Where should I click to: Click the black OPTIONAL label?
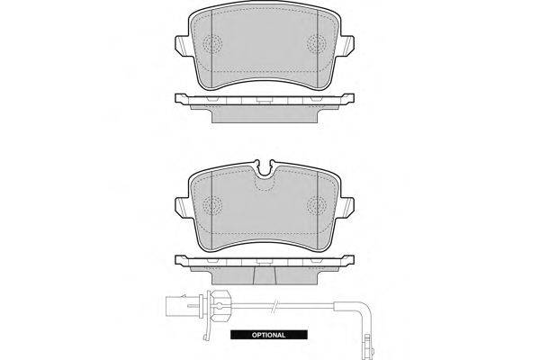268,335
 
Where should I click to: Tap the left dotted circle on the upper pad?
212,44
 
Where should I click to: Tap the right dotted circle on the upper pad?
317,44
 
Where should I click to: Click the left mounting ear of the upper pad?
182,46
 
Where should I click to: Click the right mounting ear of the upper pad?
347,46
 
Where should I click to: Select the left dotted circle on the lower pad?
212,206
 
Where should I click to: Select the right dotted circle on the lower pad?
317,206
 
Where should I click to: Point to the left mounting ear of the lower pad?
182,208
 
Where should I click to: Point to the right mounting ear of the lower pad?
347,208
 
